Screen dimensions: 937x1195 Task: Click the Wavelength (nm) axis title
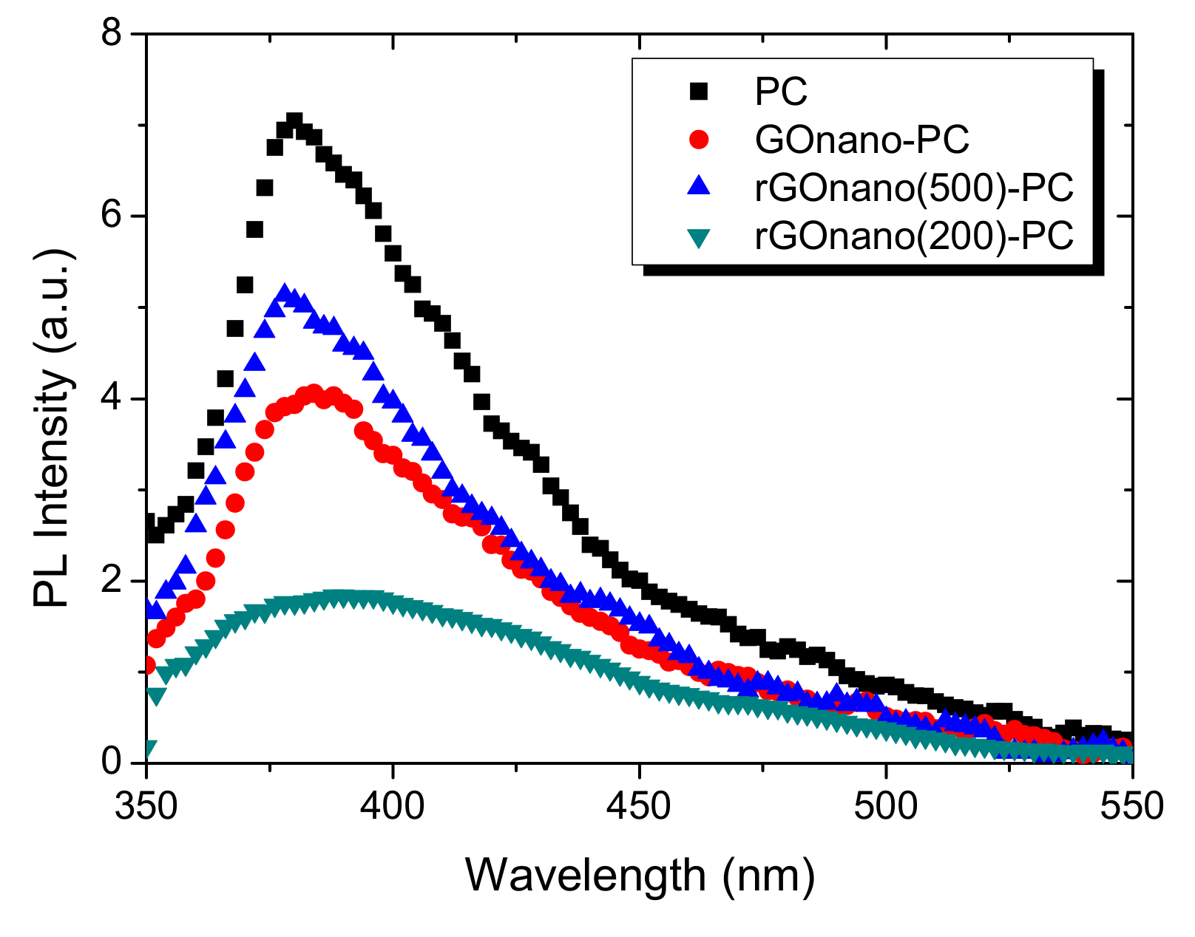[x=640, y=876]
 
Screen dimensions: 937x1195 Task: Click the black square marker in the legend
[x=698, y=92]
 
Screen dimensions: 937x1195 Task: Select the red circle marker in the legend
[x=698, y=140]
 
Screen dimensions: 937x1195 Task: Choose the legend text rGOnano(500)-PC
[x=914, y=188]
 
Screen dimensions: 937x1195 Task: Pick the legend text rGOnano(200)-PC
[x=914, y=236]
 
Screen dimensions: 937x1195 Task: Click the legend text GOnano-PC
[x=861, y=140]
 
